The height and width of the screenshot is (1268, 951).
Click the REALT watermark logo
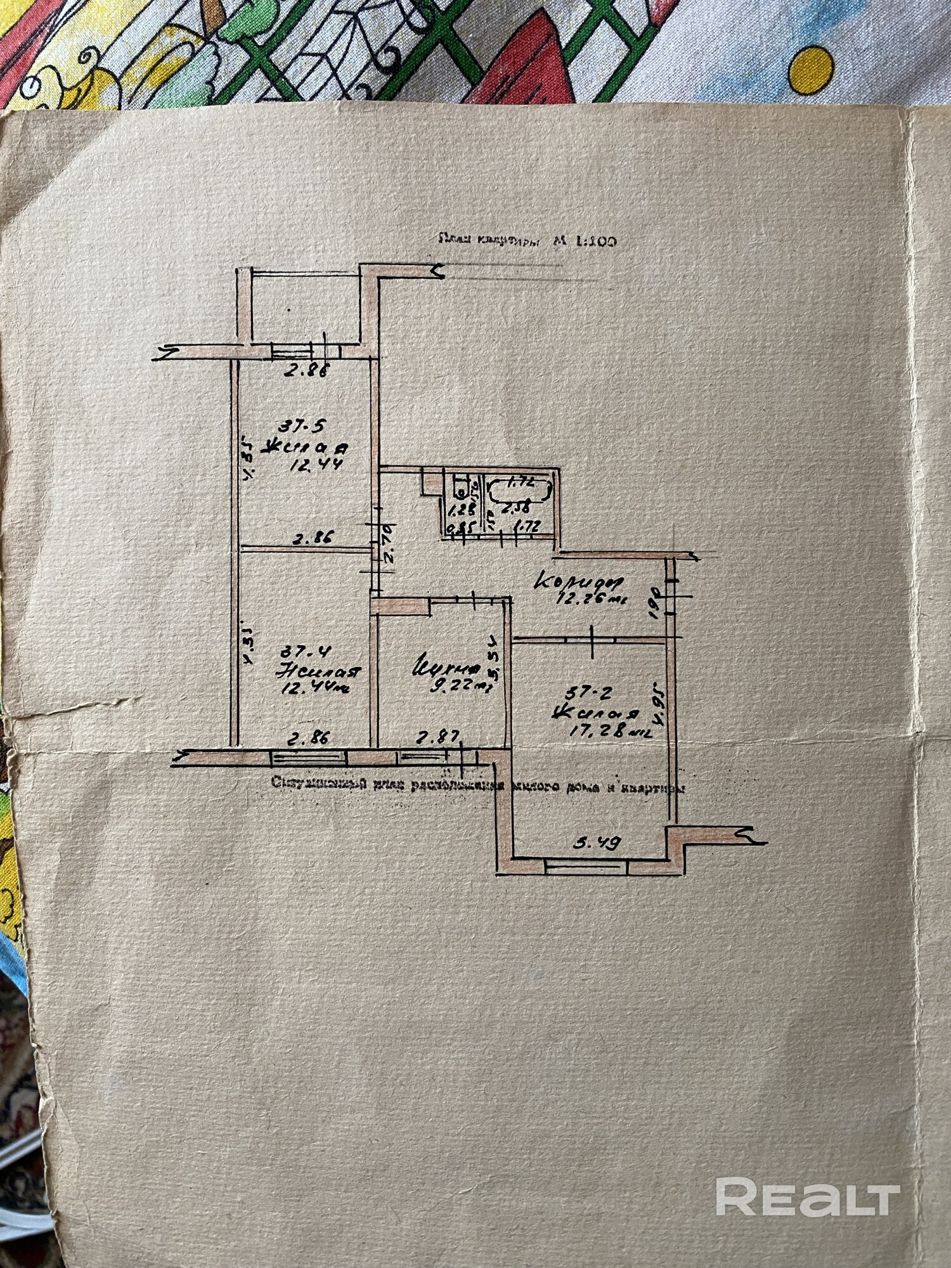pos(808,1198)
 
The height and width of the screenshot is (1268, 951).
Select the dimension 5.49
pos(596,843)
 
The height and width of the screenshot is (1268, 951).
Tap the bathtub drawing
pos(520,489)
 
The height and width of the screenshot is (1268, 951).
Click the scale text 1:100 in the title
pos(595,242)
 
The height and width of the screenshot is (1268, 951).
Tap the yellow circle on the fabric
pos(813,68)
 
